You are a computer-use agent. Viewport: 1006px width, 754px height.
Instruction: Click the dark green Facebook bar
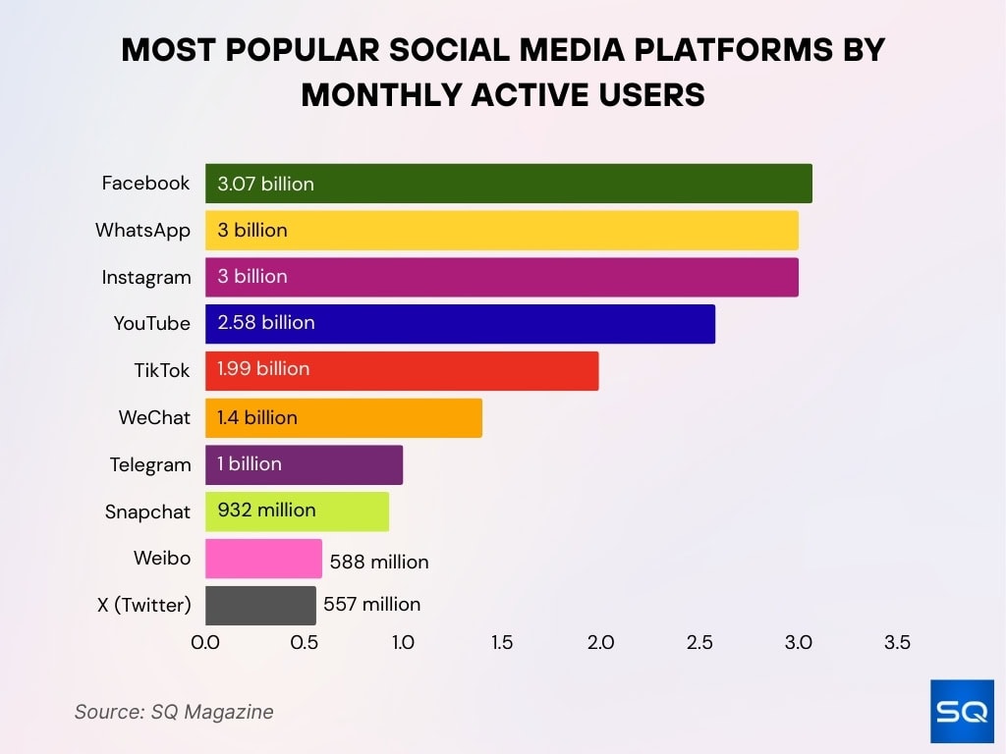point(508,184)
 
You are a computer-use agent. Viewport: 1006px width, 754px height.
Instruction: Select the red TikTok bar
point(402,371)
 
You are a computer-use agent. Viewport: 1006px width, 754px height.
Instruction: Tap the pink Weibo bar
point(263,559)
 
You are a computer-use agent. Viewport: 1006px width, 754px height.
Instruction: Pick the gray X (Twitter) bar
point(260,606)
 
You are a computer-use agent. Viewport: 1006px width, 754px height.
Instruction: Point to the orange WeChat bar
point(344,418)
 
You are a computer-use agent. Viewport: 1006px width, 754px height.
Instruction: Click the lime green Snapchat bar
point(297,512)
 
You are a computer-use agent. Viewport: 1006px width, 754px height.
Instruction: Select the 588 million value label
point(379,563)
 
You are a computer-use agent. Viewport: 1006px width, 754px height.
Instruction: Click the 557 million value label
point(372,605)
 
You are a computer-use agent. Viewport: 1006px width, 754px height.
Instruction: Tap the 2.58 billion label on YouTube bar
point(266,323)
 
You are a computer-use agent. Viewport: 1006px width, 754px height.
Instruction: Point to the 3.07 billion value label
point(266,184)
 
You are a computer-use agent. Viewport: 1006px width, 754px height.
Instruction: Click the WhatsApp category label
point(142,231)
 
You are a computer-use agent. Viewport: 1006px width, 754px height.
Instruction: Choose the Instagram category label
point(146,278)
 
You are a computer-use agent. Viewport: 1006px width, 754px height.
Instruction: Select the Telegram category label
point(150,464)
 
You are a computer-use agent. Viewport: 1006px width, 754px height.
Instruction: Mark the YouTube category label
point(152,324)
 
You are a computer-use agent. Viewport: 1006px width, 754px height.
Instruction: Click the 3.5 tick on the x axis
point(897,643)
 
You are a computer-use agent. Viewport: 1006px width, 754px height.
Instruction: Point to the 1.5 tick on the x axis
point(502,643)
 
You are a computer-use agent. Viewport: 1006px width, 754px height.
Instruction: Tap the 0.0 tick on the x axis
point(205,643)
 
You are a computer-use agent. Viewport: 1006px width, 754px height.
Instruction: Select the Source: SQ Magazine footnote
point(174,712)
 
